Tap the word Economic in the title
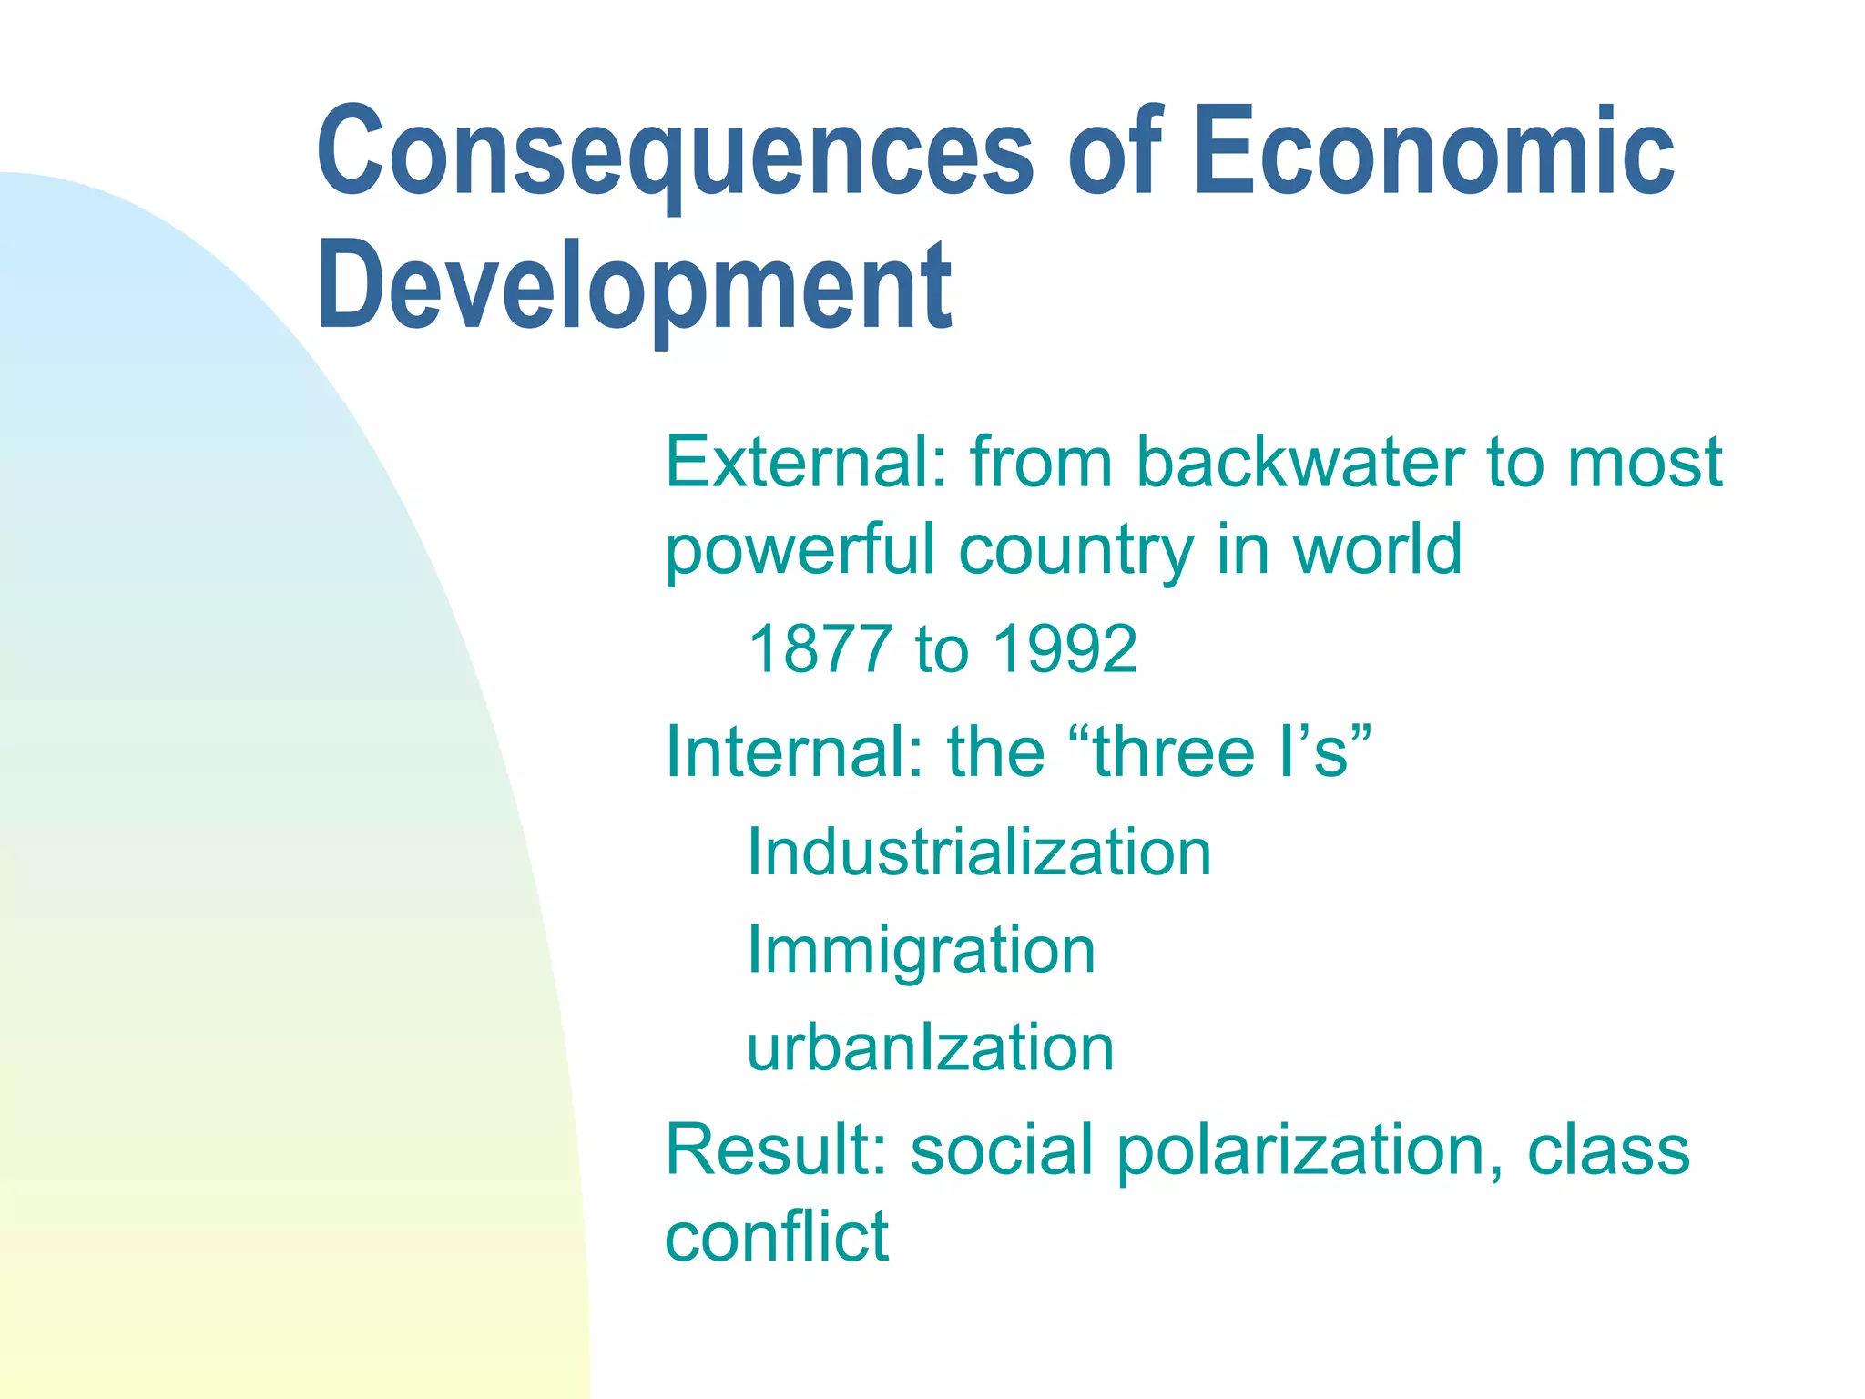click(x=1434, y=150)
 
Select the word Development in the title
click(x=634, y=287)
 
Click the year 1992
click(x=1065, y=649)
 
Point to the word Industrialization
click(x=979, y=853)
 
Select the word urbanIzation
click(x=930, y=1047)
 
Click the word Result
click(x=775, y=1149)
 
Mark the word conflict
click(x=777, y=1236)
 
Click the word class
click(x=1607, y=1149)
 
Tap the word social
click(x=1002, y=1149)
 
